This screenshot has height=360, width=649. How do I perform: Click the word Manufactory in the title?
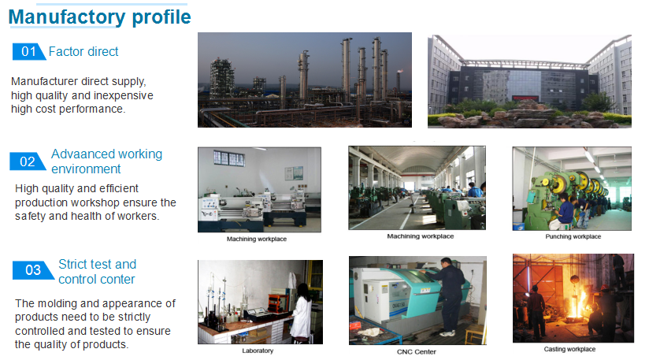[67, 17]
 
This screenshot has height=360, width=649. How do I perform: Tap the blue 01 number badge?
[28, 52]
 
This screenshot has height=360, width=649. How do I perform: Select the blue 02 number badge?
[28, 161]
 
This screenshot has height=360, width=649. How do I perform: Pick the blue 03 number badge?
[33, 270]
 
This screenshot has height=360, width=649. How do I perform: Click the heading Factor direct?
[83, 52]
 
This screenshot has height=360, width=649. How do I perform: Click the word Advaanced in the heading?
[78, 154]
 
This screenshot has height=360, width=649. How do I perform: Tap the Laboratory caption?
[258, 351]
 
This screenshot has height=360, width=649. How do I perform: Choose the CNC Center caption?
[417, 352]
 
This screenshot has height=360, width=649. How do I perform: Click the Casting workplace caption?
[569, 349]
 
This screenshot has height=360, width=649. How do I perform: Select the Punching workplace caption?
[573, 236]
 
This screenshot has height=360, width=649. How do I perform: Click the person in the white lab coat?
[302, 313]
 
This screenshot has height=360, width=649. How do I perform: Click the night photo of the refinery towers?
[305, 80]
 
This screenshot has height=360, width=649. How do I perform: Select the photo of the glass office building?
[529, 81]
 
